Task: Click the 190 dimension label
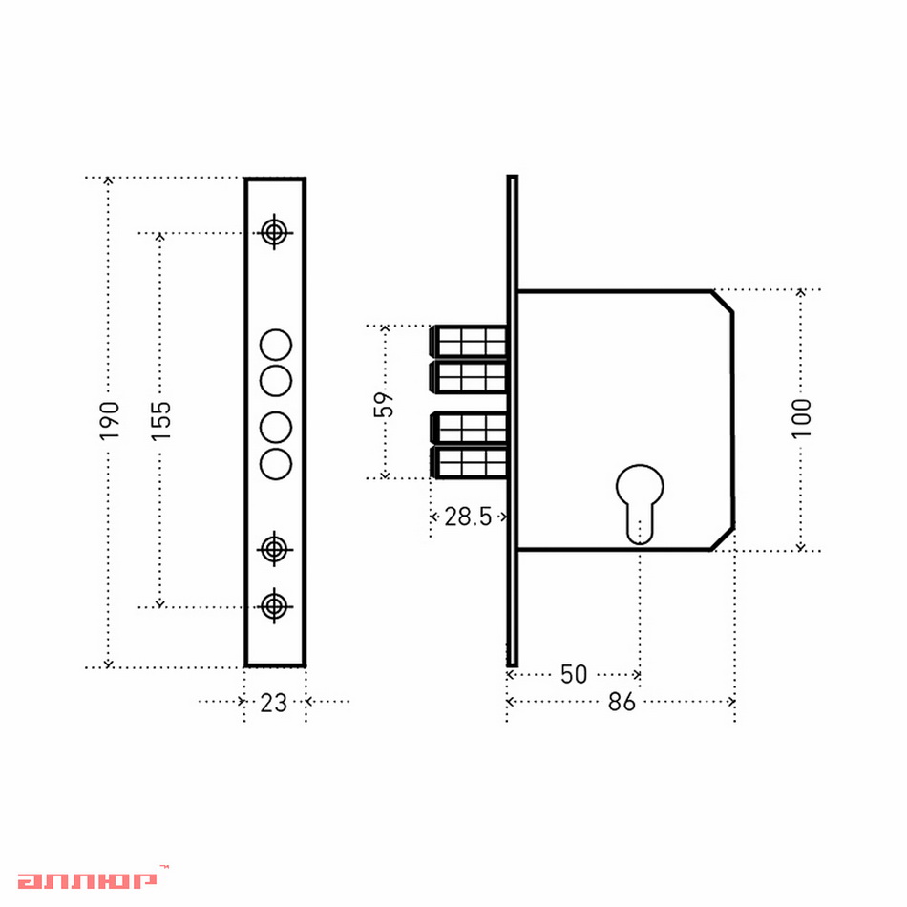(109, 420)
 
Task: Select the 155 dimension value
(160, 420)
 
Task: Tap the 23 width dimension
(274, 703)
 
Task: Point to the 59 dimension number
(384, 405)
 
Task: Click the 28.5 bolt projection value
(468, 517)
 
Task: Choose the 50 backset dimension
(574, 674)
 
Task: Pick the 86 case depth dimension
(622, 702)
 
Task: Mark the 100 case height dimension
(801, 418)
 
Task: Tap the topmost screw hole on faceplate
(274, 233)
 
